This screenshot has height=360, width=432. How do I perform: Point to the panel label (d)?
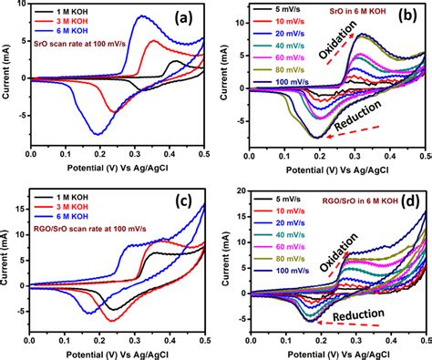410,202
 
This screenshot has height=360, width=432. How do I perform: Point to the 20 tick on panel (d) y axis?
241,190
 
